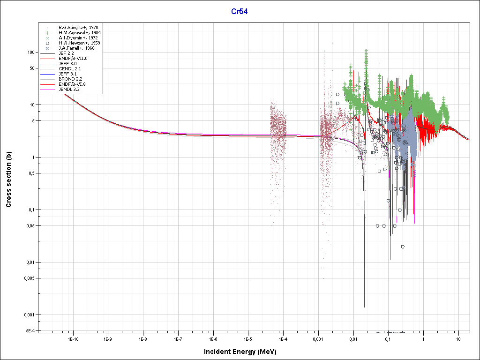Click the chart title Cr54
click(240, 11)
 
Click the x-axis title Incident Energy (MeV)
click(243, 352)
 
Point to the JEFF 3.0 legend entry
click(67, 64)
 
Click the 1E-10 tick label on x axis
click(73, 338)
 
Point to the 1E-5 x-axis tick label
click(248, 338)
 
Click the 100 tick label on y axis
click(31, 52)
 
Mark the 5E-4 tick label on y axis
click(30, 330)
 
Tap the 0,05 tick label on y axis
click(30, 226)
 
